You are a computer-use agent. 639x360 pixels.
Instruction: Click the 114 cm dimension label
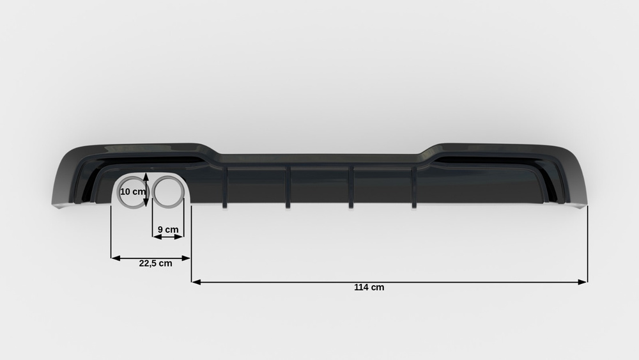pos(369,287)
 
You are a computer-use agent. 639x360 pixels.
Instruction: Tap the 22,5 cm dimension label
pos(155,263)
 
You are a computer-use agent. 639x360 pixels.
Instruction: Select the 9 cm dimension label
pos(168,230)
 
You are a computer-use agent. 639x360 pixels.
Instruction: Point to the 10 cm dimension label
pos(132,191)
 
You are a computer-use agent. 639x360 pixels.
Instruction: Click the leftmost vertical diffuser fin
pos(225,187)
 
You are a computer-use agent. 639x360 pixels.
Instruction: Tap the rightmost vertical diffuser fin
pos(414,187)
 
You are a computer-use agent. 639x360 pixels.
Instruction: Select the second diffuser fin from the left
pos(288,187)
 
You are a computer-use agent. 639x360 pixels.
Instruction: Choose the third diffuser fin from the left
pos(351,187)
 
